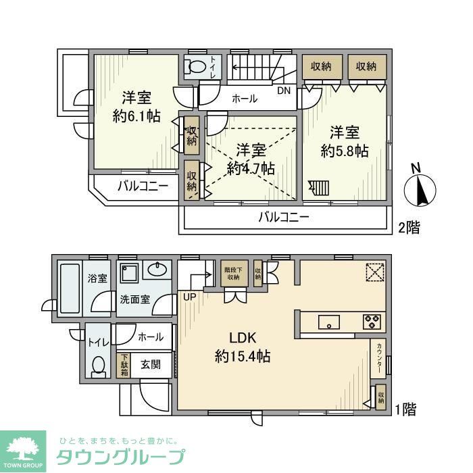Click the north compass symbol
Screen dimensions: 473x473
[x=420, y=189]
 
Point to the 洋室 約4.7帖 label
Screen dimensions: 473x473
[x=251, y=159]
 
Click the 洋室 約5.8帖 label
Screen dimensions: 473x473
[x=344, y=141]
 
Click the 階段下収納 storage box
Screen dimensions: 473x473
[x=232, y=273]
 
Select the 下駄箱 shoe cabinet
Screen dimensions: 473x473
[x=124, y=366]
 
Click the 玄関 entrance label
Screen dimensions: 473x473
[x=151, y=365]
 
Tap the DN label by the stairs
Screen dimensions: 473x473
[x=284, y=89]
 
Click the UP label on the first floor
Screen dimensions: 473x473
[x=187, y=296]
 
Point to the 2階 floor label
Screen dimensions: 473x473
[x=408, y=228]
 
